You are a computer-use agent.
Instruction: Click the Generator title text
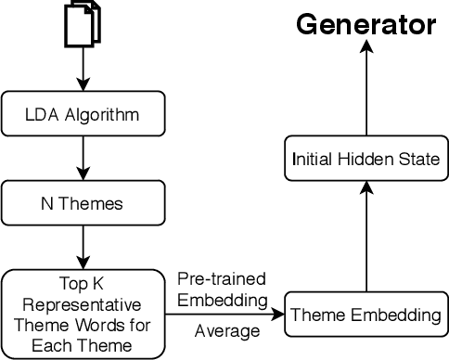click(365, 24)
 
